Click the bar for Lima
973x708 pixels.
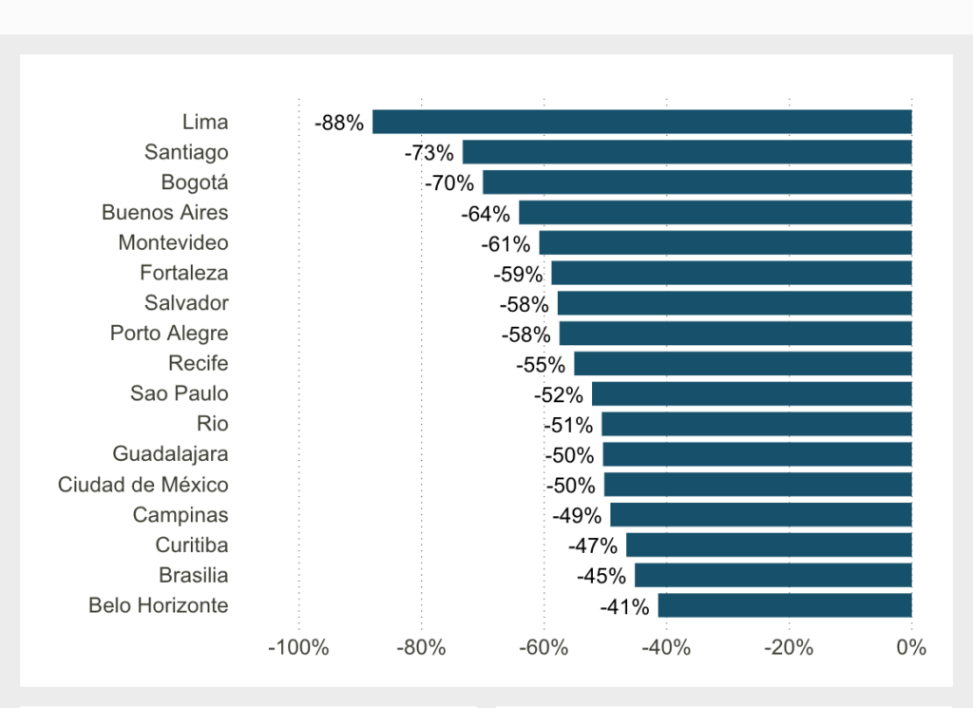click(641, 122)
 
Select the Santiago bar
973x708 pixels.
click(686, 152)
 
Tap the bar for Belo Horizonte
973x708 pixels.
click(784, 605)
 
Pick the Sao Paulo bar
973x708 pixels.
click(751, 393)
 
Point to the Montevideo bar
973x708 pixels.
click(724, 242)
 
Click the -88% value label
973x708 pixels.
click(339, 123)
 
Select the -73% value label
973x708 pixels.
click(429, 153)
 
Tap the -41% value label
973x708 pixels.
click(624, 606)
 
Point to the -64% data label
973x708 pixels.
click(486, 214)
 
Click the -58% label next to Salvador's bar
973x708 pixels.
click(524, 304)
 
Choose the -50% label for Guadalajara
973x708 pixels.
click(569, 455)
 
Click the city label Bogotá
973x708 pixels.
click(195, 182)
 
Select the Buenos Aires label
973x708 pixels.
click(165, 212)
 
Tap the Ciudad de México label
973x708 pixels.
click(143, 485)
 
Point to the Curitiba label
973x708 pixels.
click(192, 545)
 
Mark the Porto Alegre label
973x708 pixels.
click(169, 334)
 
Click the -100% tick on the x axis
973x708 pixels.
click(298, 648)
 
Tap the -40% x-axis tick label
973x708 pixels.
click(666, 648)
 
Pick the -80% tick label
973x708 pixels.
click(421, 648)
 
